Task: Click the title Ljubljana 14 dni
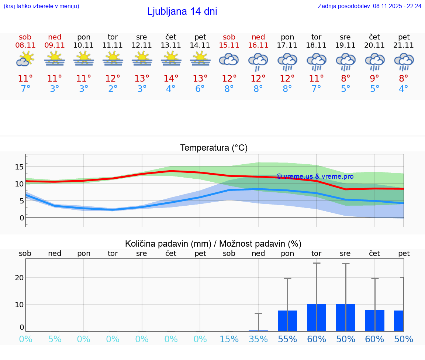tap(182, 11)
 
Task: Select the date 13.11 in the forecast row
tap(171, 45)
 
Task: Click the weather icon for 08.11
tap(25, 59)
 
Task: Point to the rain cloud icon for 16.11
tap(258, 61)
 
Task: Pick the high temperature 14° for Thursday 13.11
tap(171, 79)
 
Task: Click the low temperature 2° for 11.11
tap(113, 89)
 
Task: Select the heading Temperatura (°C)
tap(214, 148)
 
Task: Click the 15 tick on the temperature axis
tap(19, 167)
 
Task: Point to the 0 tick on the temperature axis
tap(22, 218)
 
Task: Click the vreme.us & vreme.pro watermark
tap(315, 176)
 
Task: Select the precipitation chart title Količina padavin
tap(213, 244)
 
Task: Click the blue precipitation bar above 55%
tap(287, 321)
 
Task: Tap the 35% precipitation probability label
tap(258, 339)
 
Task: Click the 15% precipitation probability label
tap(229, 339)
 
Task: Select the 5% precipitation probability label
tap(55, 339)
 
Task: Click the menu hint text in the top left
tap(41, 6)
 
